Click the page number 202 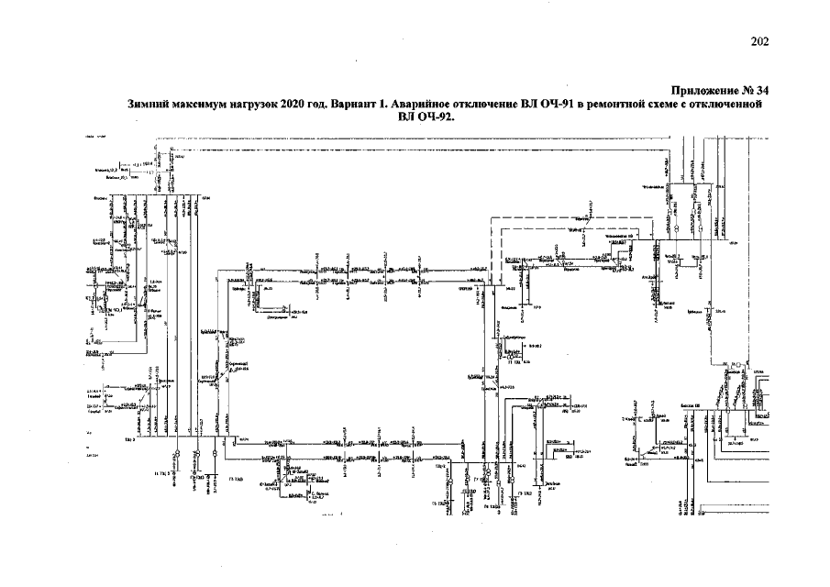click(758, 40)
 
